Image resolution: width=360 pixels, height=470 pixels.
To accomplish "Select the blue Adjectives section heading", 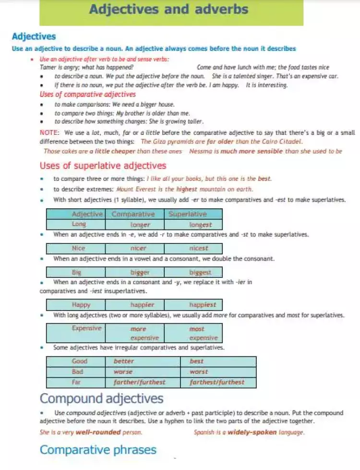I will (34, 36).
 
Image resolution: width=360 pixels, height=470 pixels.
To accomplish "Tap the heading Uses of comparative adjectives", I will (87, 95).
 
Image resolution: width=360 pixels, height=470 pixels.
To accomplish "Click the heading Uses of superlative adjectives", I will (103, 166).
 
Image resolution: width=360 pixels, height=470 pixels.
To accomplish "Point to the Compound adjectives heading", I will (101, 398).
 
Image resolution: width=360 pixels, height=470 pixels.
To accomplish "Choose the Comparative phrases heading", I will (98, 450).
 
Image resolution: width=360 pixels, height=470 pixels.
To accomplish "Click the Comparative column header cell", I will (133, 214).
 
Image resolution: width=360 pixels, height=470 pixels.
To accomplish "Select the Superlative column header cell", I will (187, 214).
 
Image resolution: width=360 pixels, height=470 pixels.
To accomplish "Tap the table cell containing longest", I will (200, 224).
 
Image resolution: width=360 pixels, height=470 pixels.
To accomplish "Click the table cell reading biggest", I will (200, 272).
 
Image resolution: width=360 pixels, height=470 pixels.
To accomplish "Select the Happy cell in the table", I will (81, 304).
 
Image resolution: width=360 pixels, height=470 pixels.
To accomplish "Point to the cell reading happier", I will (142, 304).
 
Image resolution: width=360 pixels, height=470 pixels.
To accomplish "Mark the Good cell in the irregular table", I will (80, 361).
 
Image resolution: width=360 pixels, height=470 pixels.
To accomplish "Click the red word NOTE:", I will (49, 133).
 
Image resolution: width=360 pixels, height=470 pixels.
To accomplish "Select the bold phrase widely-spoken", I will (252, 432).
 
